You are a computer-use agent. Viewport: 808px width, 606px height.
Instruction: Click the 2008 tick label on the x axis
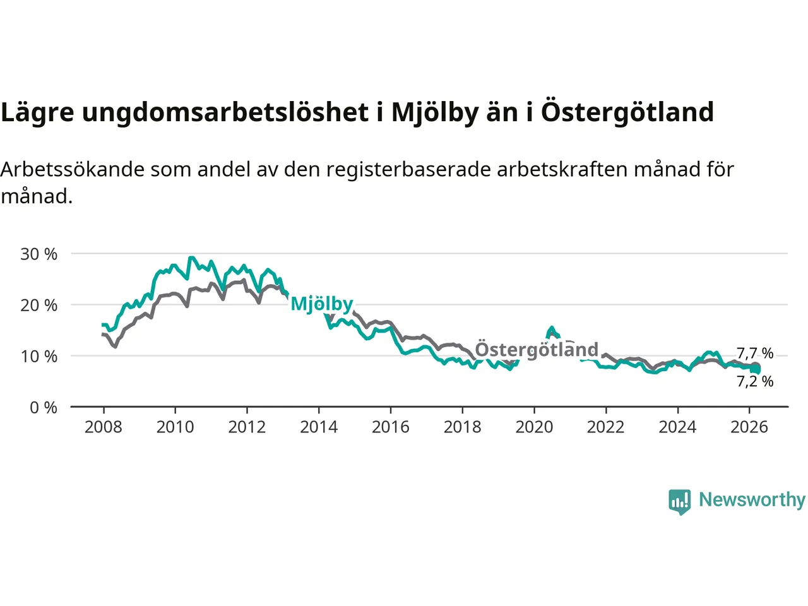(x=104, y=427)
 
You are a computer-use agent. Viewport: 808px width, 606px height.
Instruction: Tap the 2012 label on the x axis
(x=247, y=427)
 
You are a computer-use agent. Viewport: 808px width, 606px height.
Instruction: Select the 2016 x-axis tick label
(x=391, y=427)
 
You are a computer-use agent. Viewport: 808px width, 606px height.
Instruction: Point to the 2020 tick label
(x=534, y=427)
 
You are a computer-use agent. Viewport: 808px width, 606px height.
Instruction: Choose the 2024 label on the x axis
(x=677, y=427)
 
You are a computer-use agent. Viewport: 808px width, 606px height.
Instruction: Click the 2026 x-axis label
(x=749, y=427)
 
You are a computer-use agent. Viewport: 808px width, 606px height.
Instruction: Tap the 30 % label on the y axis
(x=39, y=254)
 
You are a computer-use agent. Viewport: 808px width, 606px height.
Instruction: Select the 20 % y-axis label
(x=39, y=306)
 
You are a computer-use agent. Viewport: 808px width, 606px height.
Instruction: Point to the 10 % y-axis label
(x=39, y=357)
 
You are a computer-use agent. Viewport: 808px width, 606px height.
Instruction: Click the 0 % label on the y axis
(x=44, y=408)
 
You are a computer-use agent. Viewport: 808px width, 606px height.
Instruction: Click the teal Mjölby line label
(x=322, y=304)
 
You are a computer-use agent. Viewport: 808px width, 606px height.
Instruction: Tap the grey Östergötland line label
(x=536, y=350)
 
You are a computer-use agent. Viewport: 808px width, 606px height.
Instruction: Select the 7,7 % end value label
(x=755, y=353)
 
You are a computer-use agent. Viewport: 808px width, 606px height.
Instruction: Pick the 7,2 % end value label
(x=755, y=381)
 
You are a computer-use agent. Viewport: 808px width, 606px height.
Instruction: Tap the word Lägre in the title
(x=37, y=112)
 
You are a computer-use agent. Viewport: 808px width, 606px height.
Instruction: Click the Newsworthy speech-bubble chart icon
(x=680, y=501)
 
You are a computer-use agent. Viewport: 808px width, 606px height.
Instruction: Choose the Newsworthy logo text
(x=752, y=499)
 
